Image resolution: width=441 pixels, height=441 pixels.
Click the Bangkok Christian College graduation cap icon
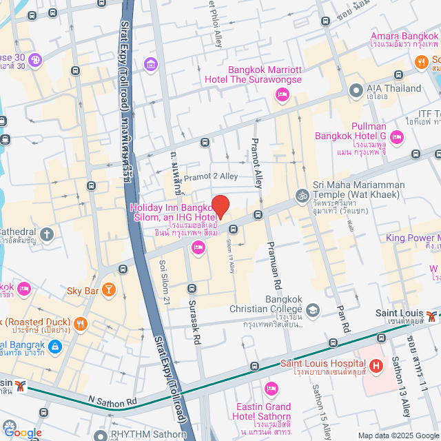[x=313, y=310]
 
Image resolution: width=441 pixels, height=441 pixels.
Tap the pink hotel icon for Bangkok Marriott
[x=281, y=94]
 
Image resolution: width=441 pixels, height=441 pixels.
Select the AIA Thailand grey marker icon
[x=356, y=90]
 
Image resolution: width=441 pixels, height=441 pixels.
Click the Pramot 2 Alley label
[x=210, y=176]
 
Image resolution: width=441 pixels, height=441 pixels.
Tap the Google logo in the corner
[x=23, y=432]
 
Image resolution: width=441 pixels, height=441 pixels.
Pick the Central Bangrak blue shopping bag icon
[x=56, y=346]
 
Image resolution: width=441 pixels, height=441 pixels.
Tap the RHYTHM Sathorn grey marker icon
[x=102, y=435]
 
